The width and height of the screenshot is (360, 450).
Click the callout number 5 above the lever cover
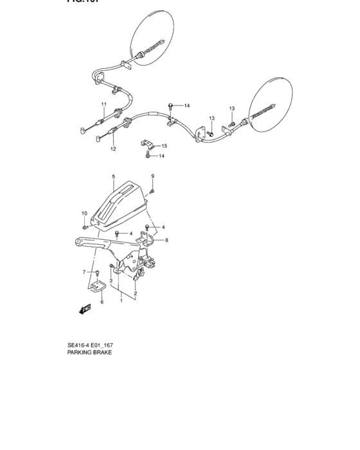point(114,176)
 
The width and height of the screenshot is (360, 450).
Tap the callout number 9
point(152,176)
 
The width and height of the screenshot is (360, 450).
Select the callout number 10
point(84,213)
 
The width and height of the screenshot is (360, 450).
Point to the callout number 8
point(166,240)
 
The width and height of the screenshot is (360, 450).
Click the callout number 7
point(84,273)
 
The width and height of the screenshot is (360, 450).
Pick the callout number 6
point(101,301)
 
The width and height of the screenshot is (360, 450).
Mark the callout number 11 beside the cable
point(103,104)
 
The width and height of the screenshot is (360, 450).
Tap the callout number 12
point(113,149)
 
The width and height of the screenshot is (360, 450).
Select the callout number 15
point(164,146)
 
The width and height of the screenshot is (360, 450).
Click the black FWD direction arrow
point(85,309)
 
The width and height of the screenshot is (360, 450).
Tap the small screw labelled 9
point(152,190)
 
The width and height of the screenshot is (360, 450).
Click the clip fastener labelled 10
point(85,226)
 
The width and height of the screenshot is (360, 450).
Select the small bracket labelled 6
point(98,286)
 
